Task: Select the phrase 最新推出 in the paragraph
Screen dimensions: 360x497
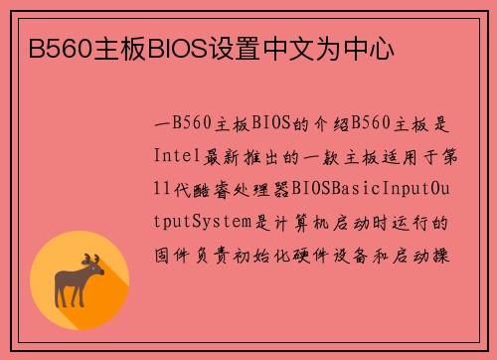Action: click(244, 156)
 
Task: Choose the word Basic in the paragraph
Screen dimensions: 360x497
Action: click(353, 188)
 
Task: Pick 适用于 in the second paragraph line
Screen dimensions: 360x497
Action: click(396, 156)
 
